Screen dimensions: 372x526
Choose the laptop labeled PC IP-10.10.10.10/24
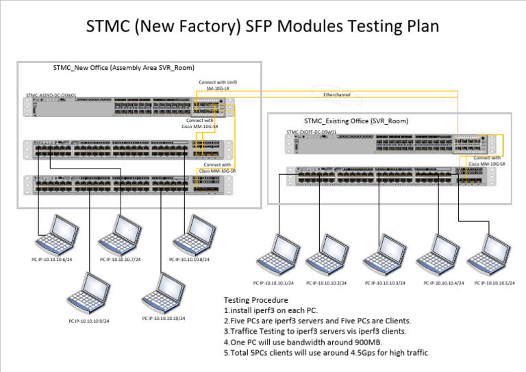[163, 293]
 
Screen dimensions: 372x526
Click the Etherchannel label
[336, 95]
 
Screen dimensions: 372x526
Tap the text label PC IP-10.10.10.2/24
[326, 283]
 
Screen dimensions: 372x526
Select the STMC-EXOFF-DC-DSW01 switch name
[311, 131]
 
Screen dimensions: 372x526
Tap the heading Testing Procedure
[256, 299]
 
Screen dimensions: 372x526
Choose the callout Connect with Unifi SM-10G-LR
[218, 86]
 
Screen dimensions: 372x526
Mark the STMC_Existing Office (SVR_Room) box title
[356, 121]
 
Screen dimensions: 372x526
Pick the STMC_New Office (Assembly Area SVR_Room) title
[124, 68]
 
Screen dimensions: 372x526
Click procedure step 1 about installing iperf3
[271, 310]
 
